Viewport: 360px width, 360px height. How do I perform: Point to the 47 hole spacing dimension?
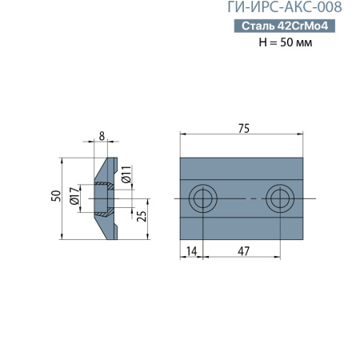242,250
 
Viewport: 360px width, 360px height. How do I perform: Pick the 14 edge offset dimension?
190,250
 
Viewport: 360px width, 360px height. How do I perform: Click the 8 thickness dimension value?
100,136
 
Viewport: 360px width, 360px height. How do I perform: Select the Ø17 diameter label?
73,197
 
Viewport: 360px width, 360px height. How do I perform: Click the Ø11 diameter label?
126,174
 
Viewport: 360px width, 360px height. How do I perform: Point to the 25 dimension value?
142,216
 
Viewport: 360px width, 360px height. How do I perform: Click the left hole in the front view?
202,198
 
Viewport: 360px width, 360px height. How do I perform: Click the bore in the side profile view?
102,198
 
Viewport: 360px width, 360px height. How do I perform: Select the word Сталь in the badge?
257,26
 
